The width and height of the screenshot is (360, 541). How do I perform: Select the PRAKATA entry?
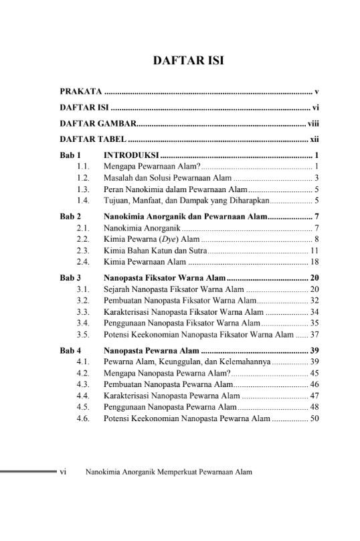[80, 90]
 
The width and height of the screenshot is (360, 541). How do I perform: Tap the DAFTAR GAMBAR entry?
[98, 123]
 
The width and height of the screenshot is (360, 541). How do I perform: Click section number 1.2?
[83, 177]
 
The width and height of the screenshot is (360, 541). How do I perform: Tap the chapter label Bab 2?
[70, 217]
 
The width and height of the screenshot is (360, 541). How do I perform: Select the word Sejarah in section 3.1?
[117, 289]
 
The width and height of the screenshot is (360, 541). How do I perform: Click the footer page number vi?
[63, 471]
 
